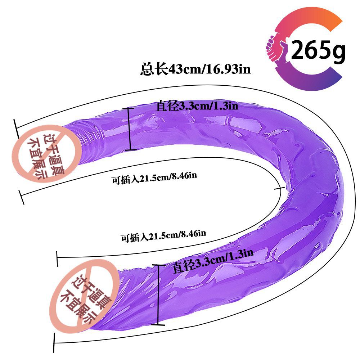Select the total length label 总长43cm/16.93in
[x=195, y=69]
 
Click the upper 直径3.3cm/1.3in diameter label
[x=197, y=106]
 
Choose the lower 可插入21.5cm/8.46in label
[x=163, y=236]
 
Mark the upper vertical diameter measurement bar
[x=130, y=129]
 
